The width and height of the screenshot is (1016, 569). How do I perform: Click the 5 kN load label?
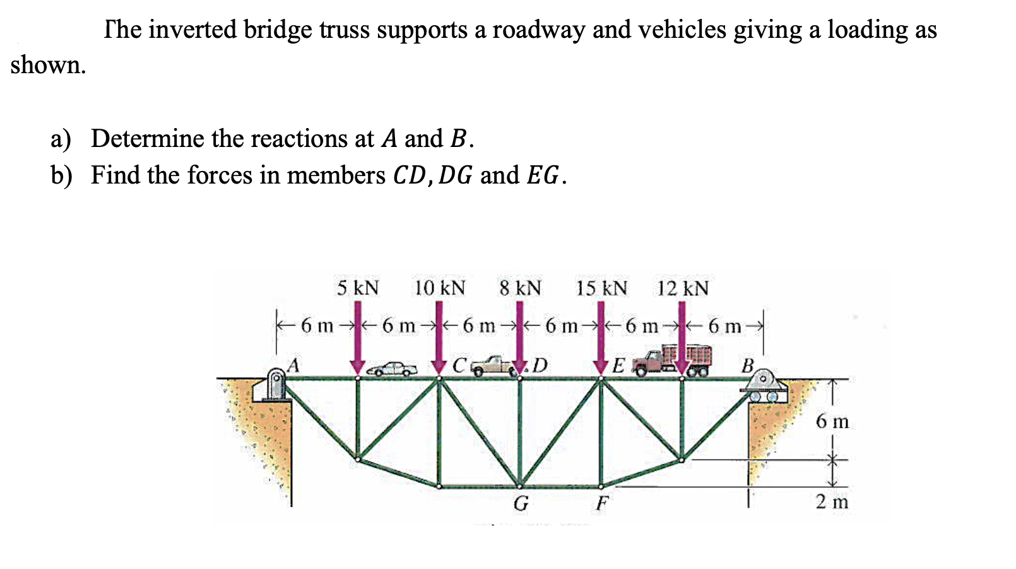tap(357, 288)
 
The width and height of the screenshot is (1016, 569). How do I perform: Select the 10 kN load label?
tap(439, 288)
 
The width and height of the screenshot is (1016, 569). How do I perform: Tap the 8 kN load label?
tap(520, 288)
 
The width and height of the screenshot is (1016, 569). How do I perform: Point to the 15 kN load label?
tap(601, 288)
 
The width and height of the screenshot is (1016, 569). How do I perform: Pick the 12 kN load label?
tap(682, 288)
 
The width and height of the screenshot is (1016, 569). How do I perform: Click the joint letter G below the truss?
tap(521, 503)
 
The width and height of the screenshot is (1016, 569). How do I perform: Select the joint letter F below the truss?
tap(602, 503)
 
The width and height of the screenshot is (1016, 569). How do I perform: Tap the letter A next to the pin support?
tap(293, 364)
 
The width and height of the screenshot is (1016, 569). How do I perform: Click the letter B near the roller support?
tap(748, 365)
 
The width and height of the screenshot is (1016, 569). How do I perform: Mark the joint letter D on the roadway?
tap(540, 365)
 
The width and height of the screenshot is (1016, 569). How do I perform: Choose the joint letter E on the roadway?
tap(618, 365)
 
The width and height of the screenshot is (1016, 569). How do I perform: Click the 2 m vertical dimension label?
tap(832, 502)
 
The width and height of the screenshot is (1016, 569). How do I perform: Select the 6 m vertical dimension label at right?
tap(832, 421)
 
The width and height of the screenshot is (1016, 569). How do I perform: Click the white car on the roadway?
tap(392, 369)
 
